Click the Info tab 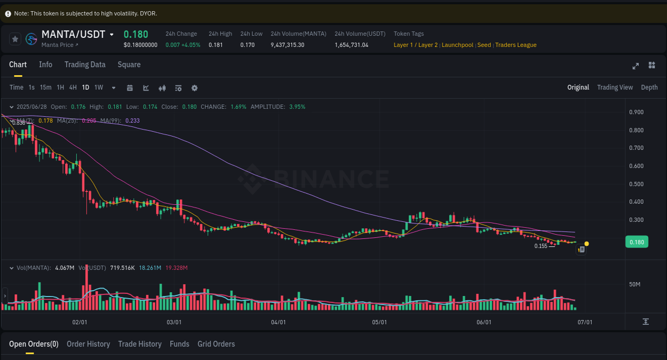pyautogui.click(x=45, y=65)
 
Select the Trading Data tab pyautogui.click(x=85, y=65)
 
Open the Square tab pyautogui.click(x=129, y=65)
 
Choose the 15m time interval pyautogui.click(x=46, y=87)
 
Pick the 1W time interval pyautogui.click(x=99, y=87)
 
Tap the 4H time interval pyautogui.click(x=73, y=87)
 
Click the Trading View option pyautogui.click(x=615, y=87)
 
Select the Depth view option pyautogui.click(x=649, y=87)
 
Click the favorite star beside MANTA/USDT pyautogui.click(x=15, y=39)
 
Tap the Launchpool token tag pyautogui.click(x=457, y=45)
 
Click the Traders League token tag pyautogui.click(x=515, y=45)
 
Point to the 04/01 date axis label pyautogui.click(x=279, y=322)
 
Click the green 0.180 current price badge pyautogui.click(x=637, y=242)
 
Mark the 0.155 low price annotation pyautogui.click(x=541, y=246)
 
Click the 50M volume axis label pyautogui.click(x=634, y=284)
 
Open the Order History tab pyautogui.click(x=88, y=344)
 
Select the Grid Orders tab pyautogui.click(x=216, y=344)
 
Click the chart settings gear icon pyautogui.click(x=195, y=88)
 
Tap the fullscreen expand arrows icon pyautogui.click(x=636, y=66)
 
